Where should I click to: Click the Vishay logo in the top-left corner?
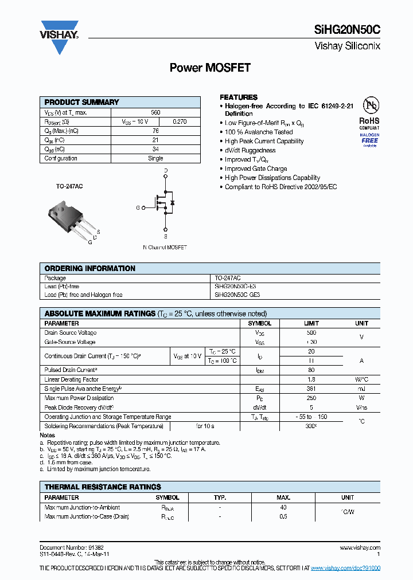59,29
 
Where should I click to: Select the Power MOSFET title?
210,68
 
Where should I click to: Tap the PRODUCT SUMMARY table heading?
81,102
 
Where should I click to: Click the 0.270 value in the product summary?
180,122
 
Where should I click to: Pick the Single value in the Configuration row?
155,158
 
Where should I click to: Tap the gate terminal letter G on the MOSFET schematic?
138,207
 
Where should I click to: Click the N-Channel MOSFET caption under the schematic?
165,248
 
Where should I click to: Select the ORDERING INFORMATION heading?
90,268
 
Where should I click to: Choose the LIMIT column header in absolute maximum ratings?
311,323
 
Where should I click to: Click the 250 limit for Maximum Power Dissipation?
311,398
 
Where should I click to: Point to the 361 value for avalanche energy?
311,389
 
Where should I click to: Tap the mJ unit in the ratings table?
361,389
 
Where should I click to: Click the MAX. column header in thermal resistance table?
283,497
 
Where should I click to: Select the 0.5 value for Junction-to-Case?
283,516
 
